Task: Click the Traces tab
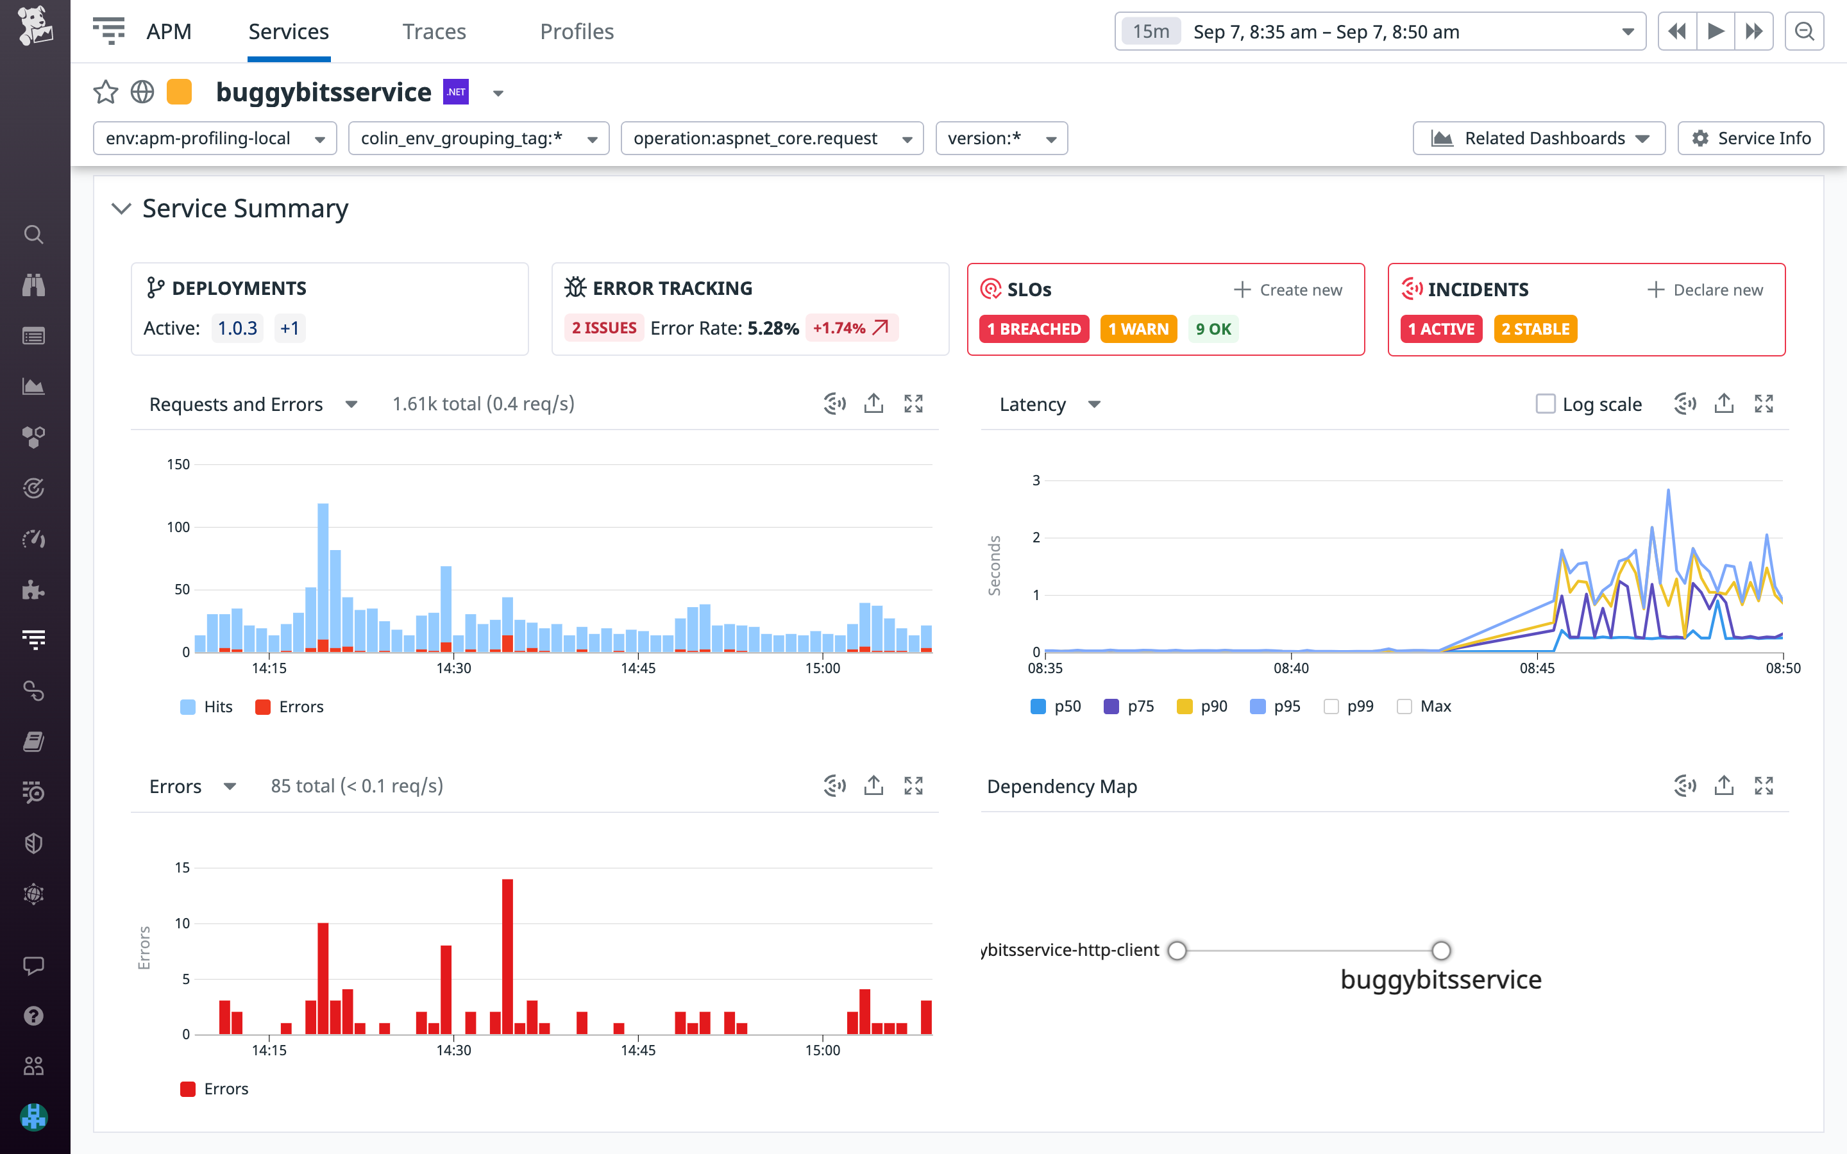[x=434, y=31]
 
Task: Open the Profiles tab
[x=577, y=31]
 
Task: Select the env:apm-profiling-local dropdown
[x=214, y=138]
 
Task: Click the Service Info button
[x=1750, y=138]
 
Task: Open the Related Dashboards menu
[x=1538, y=138]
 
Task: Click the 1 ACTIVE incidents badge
[x=1441, y=329]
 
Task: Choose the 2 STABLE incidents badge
[x=1535, y=329]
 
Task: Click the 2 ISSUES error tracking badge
[x=603, y=328]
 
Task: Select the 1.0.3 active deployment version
[x=237, y=328]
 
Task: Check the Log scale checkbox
[x=1545, y=404]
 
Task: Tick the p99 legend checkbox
[x=1331, y=707]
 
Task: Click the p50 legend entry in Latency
[x=1056, y=707]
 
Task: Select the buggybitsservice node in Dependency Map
[x=1440, y=951]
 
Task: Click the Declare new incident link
[x=1705, y=290]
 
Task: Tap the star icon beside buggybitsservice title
[x=105, y=92]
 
